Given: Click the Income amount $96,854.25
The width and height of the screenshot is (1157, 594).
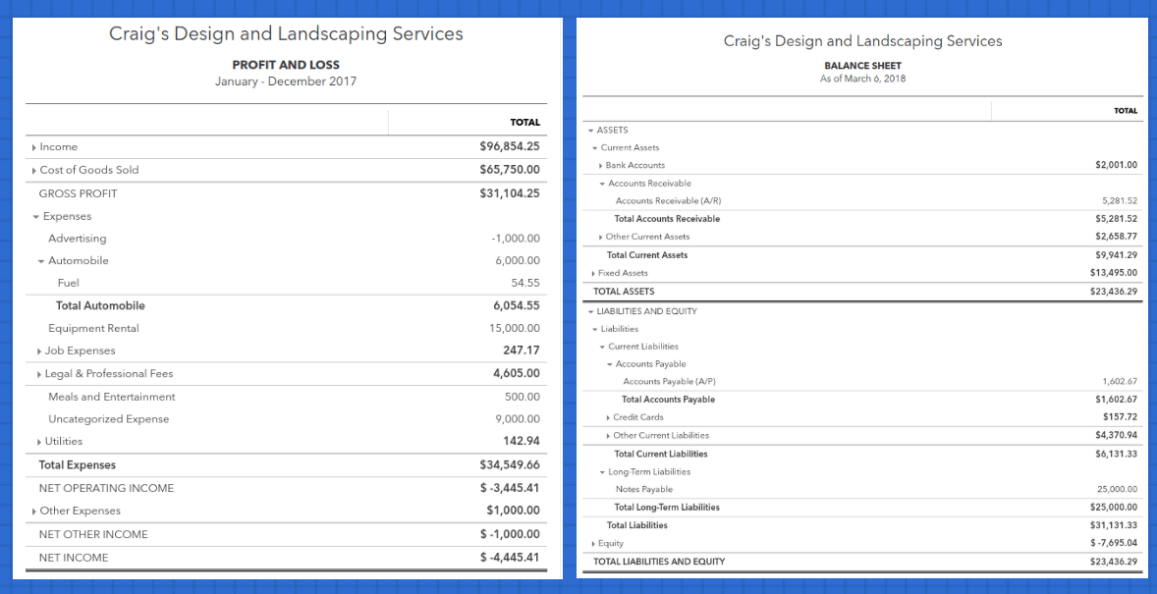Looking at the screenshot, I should pyautogui.click(x=509, y=146).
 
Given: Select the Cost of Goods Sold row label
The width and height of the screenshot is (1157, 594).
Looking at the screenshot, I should pyautogui.click(x=88, y=170).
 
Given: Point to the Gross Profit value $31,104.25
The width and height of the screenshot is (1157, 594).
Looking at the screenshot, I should pyautogui.click(x=509, y=192).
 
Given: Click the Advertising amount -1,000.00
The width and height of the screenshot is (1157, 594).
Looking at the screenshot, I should pyautogui.click(x=516, y=239).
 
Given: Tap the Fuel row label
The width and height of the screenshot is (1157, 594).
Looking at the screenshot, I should pyautogui.click(x=69, y=283).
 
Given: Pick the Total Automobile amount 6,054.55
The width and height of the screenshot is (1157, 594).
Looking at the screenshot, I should pyautogui.click(x=517, y=305).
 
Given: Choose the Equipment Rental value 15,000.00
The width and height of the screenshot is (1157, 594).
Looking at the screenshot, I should pyautogui.click(x=515, y=328).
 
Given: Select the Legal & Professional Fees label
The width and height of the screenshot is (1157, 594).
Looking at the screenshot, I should pyautogui.click(x=108, y=373).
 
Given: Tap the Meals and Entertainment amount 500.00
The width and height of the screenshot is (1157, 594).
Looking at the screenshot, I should pyautogui.click(x=522, y=397).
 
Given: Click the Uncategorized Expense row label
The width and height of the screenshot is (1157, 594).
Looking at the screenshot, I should pyautogui.click(x=108, y=419).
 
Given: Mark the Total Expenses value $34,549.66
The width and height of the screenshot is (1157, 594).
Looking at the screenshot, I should pyautogui.click(x=509, y=464).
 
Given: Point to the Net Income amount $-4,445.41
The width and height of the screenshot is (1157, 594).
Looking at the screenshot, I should pyautogui.click(x=509, y=557).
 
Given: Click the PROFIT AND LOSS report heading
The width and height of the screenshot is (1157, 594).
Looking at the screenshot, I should pyautogui.click(x=286, y=65).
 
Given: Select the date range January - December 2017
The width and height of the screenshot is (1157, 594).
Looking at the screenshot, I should pyautogui.click(x=286, y=81).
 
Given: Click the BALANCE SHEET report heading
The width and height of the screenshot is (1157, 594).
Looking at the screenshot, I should pyautogui.click(x=862, y=66).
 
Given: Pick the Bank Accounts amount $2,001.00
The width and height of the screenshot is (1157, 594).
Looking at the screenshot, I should pyautogui.click(x=1116, y=165).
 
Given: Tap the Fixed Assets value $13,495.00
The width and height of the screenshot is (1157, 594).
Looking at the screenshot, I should pyautogui.click(x=1114, y=272).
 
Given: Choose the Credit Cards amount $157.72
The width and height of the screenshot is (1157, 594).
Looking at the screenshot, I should pyautogui.click(x=1120, y=417).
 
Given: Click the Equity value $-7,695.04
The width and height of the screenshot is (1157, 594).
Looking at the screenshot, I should pyautogui.click(x=1114, y=543).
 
